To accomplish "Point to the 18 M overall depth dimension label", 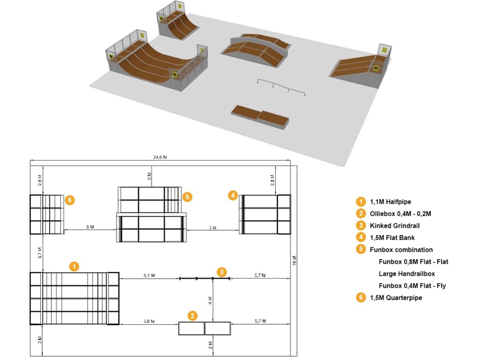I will (x=294, y=260).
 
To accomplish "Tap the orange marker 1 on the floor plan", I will (x=74, y=267).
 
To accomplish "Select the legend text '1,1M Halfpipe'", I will (x=390, y=202).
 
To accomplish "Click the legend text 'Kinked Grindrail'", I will (x=394, y=226).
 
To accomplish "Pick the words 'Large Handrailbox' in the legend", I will (x=406, y=274).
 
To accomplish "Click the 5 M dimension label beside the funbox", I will (x=90, y=227).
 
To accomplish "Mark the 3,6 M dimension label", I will (x=149, y=321).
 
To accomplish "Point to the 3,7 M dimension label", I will (x=40, y=254).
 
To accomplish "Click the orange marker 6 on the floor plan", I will (x=69, y=200).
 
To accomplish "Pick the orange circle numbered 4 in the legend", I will (x=360, y=238).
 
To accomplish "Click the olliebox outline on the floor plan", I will (x=204, y=328).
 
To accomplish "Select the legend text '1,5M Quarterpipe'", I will (x=396, y=298).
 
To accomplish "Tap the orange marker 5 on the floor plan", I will (x=187, y=197).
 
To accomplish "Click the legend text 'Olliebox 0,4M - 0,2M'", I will (x=400, y=214).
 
